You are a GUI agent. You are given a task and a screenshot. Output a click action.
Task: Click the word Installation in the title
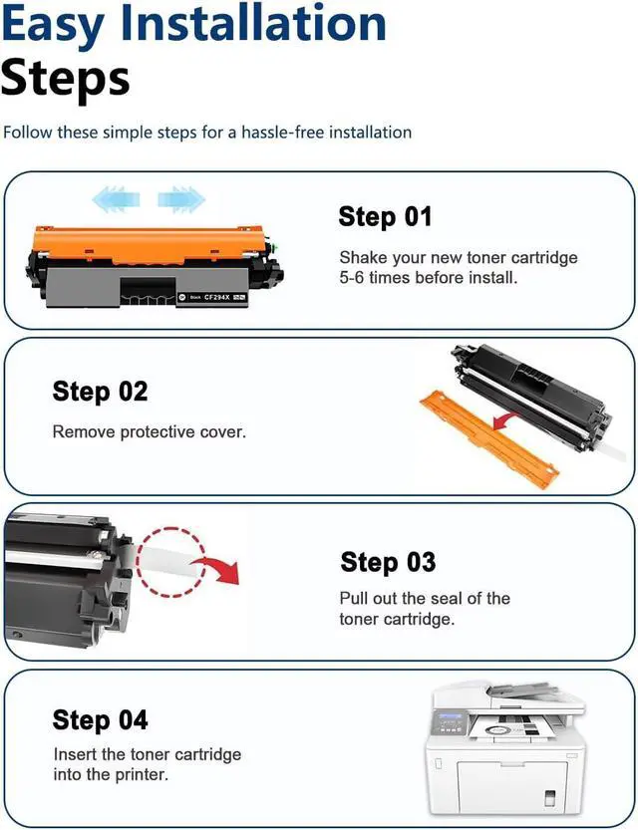[x=253, y=24]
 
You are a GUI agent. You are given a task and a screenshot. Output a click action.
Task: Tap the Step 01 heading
[x=385, y=217]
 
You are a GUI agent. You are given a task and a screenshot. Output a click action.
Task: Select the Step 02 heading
[x=100, y=393]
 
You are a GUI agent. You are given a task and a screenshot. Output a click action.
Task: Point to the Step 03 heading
[x=388, y=562]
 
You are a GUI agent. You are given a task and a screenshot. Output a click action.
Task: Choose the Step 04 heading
[x=100, y=720]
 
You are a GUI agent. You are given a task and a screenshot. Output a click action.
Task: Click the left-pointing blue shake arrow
[x=116, y=199]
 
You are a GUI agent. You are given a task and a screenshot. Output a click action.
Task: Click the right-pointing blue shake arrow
[x=181, y=199]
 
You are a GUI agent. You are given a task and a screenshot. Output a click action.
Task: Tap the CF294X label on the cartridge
[x=217, y=298]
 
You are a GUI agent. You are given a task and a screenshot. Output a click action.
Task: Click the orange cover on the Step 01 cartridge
[x=150, y=244]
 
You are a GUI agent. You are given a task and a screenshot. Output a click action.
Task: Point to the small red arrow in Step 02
[x=506, y=421]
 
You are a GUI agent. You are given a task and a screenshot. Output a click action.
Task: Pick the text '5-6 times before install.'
[x=429, y=277]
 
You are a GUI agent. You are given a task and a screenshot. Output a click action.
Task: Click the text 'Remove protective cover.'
[x=150, y=431]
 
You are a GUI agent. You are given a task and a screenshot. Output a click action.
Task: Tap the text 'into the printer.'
[x=111, y=774]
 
